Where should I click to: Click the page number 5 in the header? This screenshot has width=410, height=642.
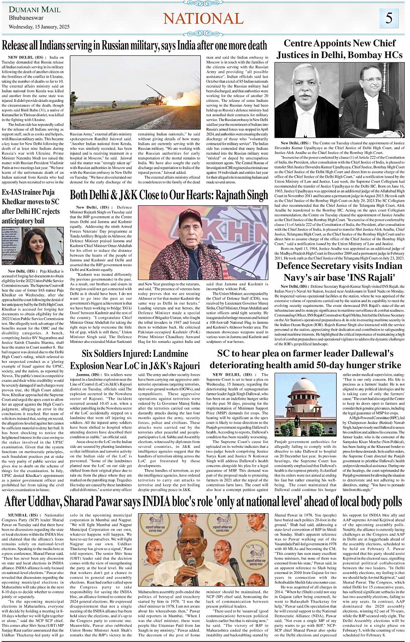point(389,18)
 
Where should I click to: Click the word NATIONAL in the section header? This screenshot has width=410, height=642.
point(203,18)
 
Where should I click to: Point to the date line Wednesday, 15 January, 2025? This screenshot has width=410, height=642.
point(39,27)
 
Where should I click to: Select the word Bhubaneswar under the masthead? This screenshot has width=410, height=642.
point(26,18)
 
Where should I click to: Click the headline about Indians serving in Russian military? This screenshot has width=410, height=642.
point(134,45)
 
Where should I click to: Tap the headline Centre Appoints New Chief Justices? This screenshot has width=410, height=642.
point(340,49)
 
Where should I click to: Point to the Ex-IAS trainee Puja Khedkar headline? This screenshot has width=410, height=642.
point(31,206)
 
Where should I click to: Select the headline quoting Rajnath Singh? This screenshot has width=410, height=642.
point(169,195)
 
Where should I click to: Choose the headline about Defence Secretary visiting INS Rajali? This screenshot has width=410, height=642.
point(339,271)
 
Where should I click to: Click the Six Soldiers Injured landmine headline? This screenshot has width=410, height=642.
point(135,359)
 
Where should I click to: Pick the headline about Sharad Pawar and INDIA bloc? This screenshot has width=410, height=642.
point(203,502)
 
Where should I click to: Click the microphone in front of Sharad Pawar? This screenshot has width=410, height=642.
point(191,564)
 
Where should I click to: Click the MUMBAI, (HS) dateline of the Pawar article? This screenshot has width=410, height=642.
point(22,515)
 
